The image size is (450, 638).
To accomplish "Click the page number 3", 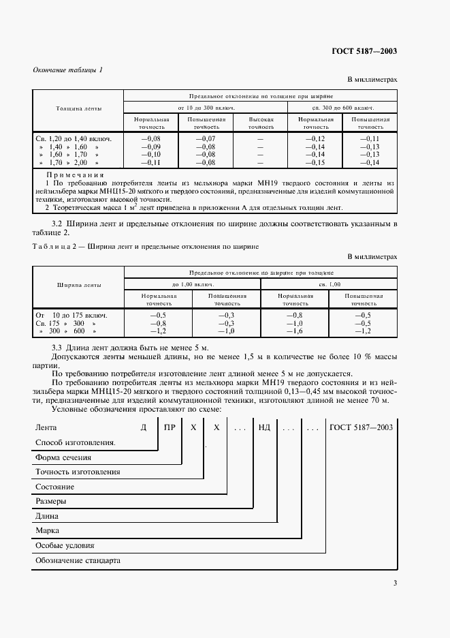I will [x=395, y=582].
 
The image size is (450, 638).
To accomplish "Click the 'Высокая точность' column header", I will [x=260, y=123].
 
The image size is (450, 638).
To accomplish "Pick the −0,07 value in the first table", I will [x=205, y=138].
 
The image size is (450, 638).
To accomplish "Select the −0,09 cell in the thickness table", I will [x=150, y=147].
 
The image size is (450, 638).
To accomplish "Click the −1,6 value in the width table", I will [x=294, y=331].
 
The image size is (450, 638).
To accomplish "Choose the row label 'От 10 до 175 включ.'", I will [x=71, y=315].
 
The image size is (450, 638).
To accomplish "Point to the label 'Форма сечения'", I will [x=63, y=457].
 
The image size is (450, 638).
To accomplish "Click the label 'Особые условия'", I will [x=64, y=545].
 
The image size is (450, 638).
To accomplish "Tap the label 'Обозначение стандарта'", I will [x=77, y=560].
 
